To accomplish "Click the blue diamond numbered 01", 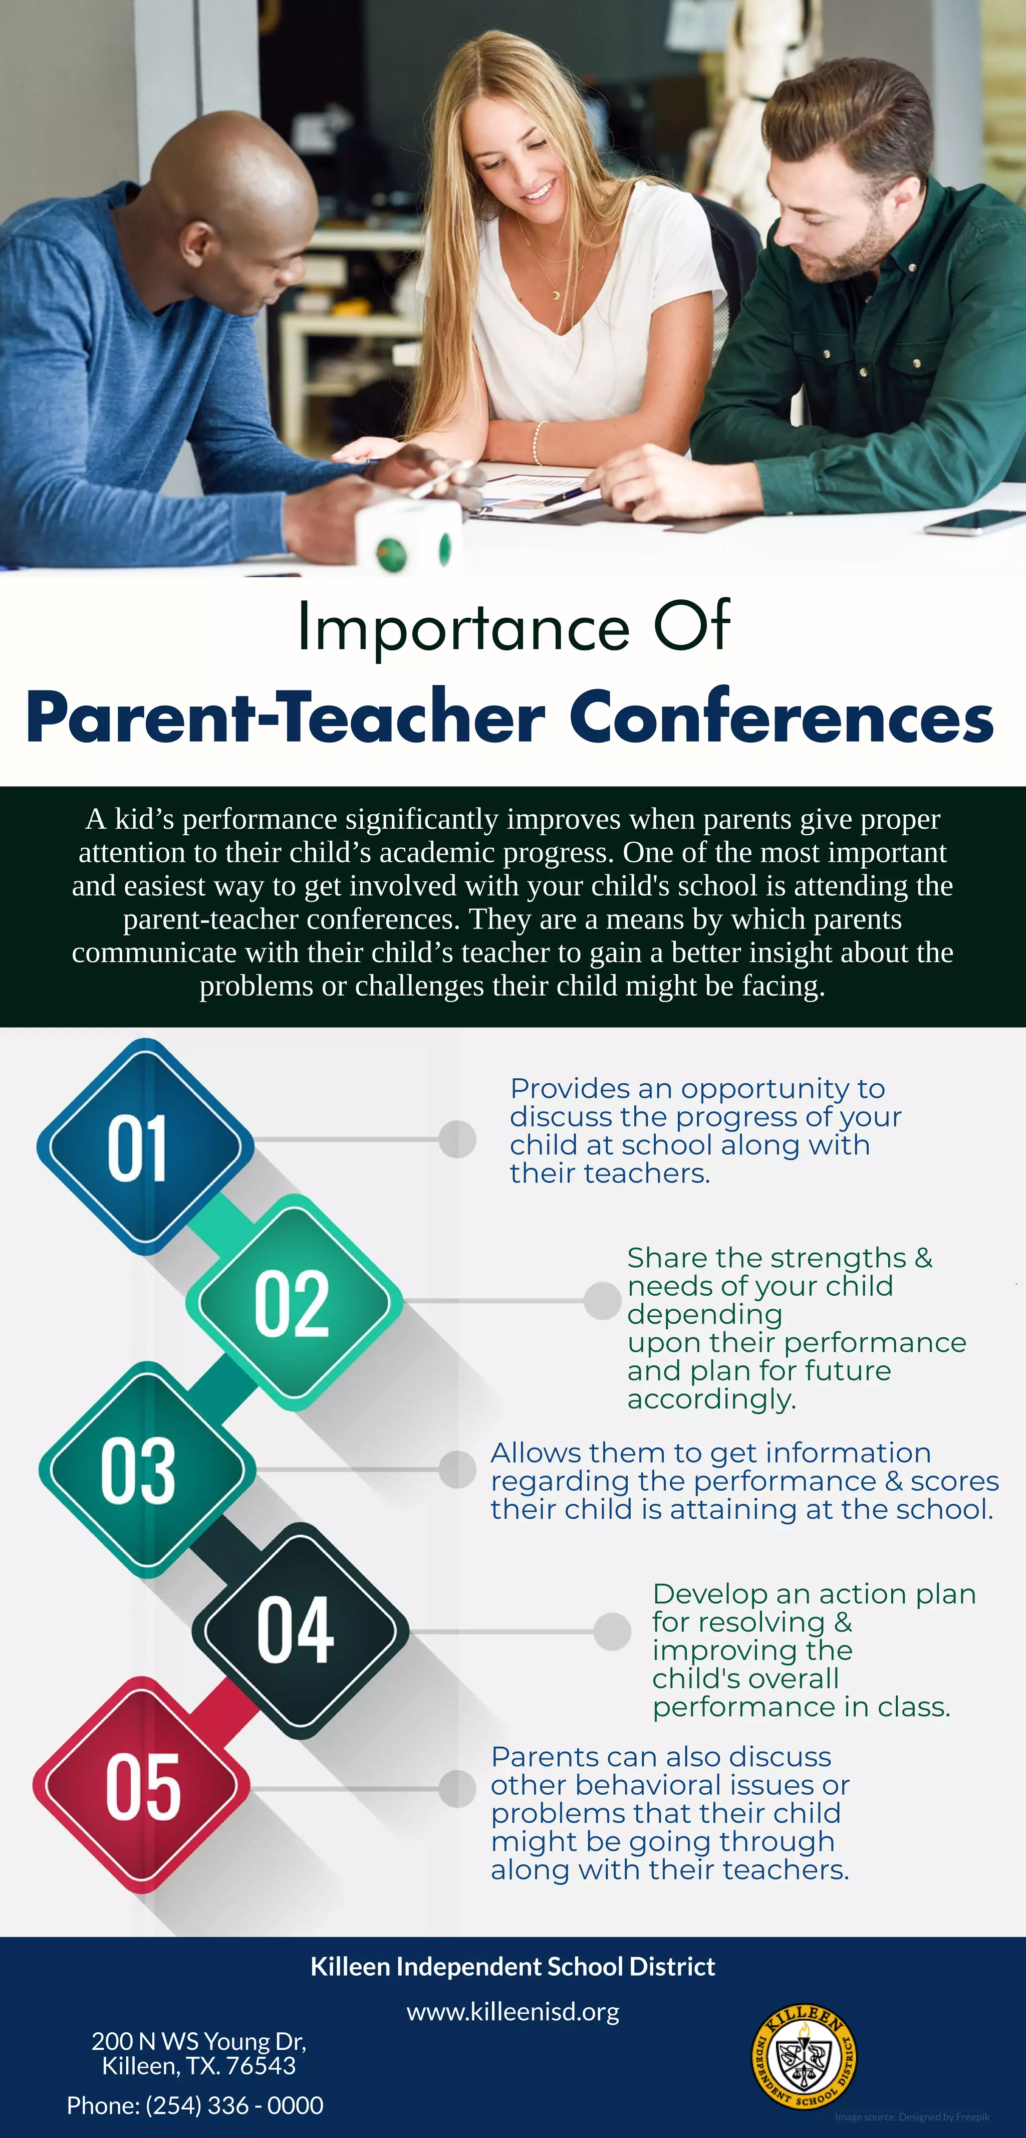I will tap(145, 1146).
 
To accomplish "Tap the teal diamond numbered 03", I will tap(147, 1470).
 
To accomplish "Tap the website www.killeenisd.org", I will tap(512, 2012).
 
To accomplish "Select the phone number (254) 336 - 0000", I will tap(234, 2105).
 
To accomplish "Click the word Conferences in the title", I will tap(781, 717).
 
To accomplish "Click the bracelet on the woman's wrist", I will tap(538, 441).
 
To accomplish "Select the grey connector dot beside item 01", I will tap(457, 1139).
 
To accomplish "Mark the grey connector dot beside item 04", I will tap(613, 1632).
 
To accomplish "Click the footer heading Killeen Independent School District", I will tap(512, 1966).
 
